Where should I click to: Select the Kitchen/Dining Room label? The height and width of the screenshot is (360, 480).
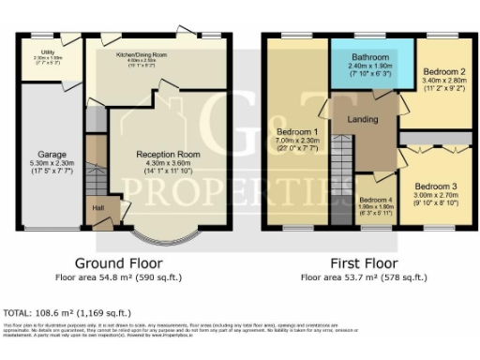(142, 56)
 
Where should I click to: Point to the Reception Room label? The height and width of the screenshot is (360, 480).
(168, 154)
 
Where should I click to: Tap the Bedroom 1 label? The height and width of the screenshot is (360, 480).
(296, 131)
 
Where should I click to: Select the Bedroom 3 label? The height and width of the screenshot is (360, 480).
(436, 186)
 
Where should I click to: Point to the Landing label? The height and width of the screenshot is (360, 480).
(362, 120)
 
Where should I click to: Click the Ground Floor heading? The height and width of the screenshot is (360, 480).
(119, 263)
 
